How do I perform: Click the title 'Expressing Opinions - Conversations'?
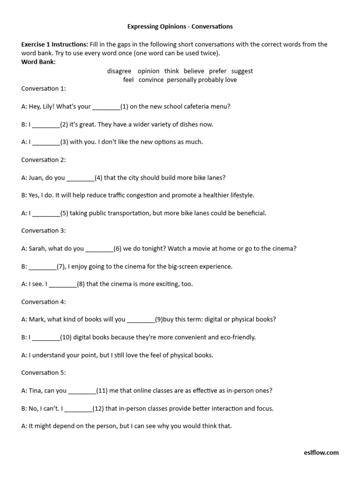coord(180,27)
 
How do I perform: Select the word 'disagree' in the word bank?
coord(119,71)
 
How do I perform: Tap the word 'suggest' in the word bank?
coord(242,71)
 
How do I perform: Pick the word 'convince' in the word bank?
coord(151,80)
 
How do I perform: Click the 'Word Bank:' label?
coord(38,62)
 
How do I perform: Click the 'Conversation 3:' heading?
coord(44,231)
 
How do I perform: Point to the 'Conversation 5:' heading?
coord(44,373)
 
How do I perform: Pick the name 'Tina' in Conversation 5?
coord(36,390)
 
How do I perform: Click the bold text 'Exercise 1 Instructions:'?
coord(54,45)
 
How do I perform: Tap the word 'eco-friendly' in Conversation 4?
coord(238,337)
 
